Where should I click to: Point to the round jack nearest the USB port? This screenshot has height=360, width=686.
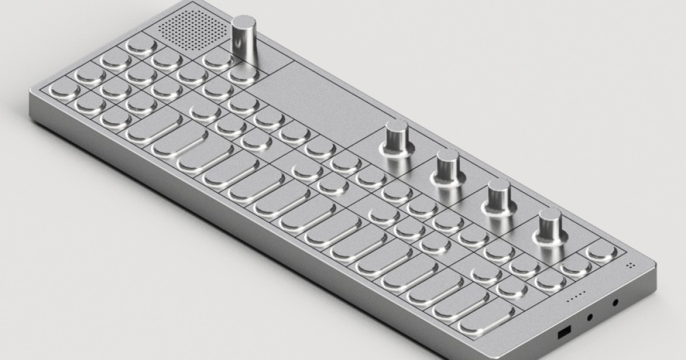coord(589,316)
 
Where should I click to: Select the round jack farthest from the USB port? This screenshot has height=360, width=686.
coord(615,302)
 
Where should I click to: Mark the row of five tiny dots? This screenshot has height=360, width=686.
coord(575,298)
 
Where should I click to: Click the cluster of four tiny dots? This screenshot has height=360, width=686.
coord(631,265)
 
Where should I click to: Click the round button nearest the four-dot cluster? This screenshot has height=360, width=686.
coord(600,251)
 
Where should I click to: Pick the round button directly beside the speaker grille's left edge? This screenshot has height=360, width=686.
coord(141,45)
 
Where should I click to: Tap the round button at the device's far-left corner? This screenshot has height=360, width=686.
coord(63,89)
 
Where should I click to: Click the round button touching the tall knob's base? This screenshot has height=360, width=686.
coord(242,74)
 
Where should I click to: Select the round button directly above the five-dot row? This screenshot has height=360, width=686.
coord(550,279)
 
